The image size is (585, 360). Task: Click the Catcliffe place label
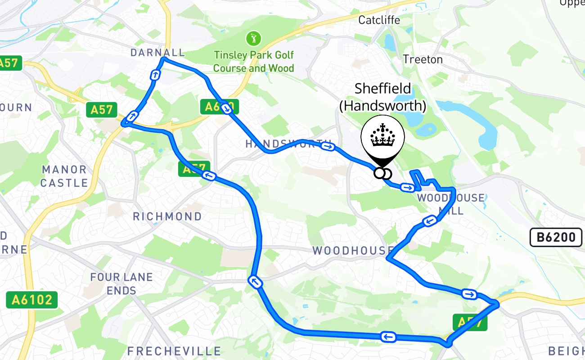coord(379,20)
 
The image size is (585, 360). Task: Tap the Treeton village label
coord(423,59)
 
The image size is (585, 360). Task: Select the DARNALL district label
coord(157,53)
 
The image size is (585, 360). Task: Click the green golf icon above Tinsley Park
coord(253,39)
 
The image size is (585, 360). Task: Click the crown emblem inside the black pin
coord(382,135)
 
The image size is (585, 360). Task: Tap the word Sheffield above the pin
coord(382,88)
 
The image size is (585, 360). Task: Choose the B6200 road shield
coord(556,237)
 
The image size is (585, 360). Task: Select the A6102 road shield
coord(32,299)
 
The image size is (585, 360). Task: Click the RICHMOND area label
coord(167,216)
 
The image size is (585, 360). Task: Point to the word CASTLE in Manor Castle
coord(64,183)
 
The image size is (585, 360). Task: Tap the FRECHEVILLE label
coord(174,351)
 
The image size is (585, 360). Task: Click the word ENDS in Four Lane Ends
coord(121,290)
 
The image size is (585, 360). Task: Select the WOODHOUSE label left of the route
coord(352,251)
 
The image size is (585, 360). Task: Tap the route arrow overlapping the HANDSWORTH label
coord(329,146)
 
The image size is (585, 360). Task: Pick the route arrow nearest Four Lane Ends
coord(254,282)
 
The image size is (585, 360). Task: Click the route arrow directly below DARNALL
coord(155,75)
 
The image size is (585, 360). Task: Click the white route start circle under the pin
coord(379,173)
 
